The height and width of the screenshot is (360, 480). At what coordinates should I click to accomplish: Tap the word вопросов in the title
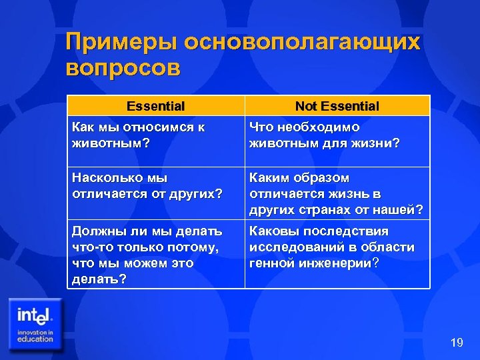pos(123,69)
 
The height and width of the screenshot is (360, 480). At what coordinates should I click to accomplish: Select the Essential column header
pos(155,106)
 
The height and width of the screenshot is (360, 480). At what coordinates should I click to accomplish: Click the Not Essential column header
pos(337,106)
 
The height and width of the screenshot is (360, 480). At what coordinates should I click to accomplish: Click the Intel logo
pos(36,314)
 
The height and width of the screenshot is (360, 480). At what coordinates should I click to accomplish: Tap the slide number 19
pos(457,343)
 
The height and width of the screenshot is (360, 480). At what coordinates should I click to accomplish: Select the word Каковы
pos(274,231)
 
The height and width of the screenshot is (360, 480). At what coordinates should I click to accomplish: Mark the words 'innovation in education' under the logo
pos(35,335)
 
